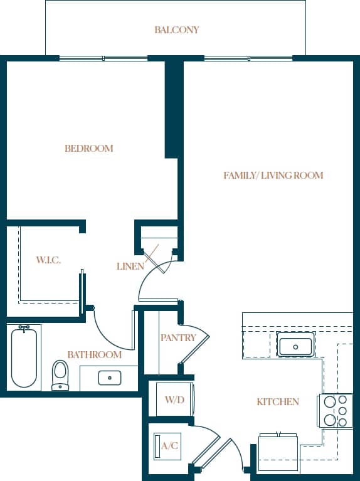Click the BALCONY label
pyautogui.click(x=176, y=29)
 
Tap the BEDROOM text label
pyautogui.click(x=89, y=149)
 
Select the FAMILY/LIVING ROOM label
pyautogui.click(x=273, y=176)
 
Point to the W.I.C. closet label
pyautogui.click(x=48, y=260)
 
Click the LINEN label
pyautogui.click(x=130, y=267)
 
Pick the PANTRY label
pyautogui.click(x=178, y=338)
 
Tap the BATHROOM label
pyautogui.click(x=94, y=355)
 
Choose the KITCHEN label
pyautogui.click(x=277, y=401)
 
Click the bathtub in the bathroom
pyautogui.click(x=24, y=358)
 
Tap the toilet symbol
pyautogui.click(x=60, y=374)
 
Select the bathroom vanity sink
pyautogui.click(x=110, y=378)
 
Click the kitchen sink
pyautogui.click(x=295, y=346)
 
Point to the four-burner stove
pyautogui.click(x=336, y=410)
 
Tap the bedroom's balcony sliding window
pyautogui.click(x=103, y=58)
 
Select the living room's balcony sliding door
pyautogui.click(x=248, y=58)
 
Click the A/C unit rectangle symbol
pyautogui.click(x=159, y=447)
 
